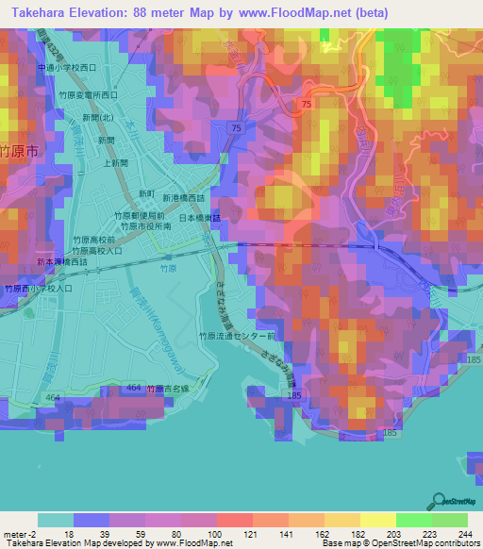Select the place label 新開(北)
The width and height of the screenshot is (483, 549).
(x=98, y=117)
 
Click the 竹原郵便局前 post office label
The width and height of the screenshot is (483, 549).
(x=140, y=215)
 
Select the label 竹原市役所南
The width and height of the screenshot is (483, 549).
(x=143, y=227)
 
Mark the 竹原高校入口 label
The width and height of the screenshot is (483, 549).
(x=94, y=252)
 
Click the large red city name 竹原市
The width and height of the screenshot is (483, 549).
(x=19, y=150)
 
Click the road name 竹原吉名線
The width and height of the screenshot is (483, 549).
(x=168, y=389)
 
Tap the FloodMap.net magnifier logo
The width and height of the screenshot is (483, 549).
(x=439, y=501)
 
